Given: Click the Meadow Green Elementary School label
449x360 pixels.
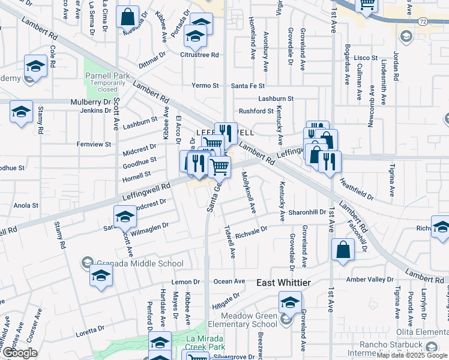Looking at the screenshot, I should [x=249, y=320].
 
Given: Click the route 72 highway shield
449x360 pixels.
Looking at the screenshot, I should [x=423, y=22].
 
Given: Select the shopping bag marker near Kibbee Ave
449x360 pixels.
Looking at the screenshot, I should [x=128, y=17].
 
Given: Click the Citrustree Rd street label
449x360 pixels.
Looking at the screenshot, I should [x=199, y=55].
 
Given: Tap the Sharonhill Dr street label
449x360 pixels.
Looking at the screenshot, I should [x=306, y=212].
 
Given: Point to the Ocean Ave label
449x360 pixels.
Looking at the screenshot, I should [x=229, y=281].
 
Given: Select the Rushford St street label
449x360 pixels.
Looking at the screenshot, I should [x=256, y=111].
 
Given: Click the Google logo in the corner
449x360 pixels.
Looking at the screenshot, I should [x=20, y=353].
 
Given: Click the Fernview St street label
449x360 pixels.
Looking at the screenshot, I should [x=94, y=144].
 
